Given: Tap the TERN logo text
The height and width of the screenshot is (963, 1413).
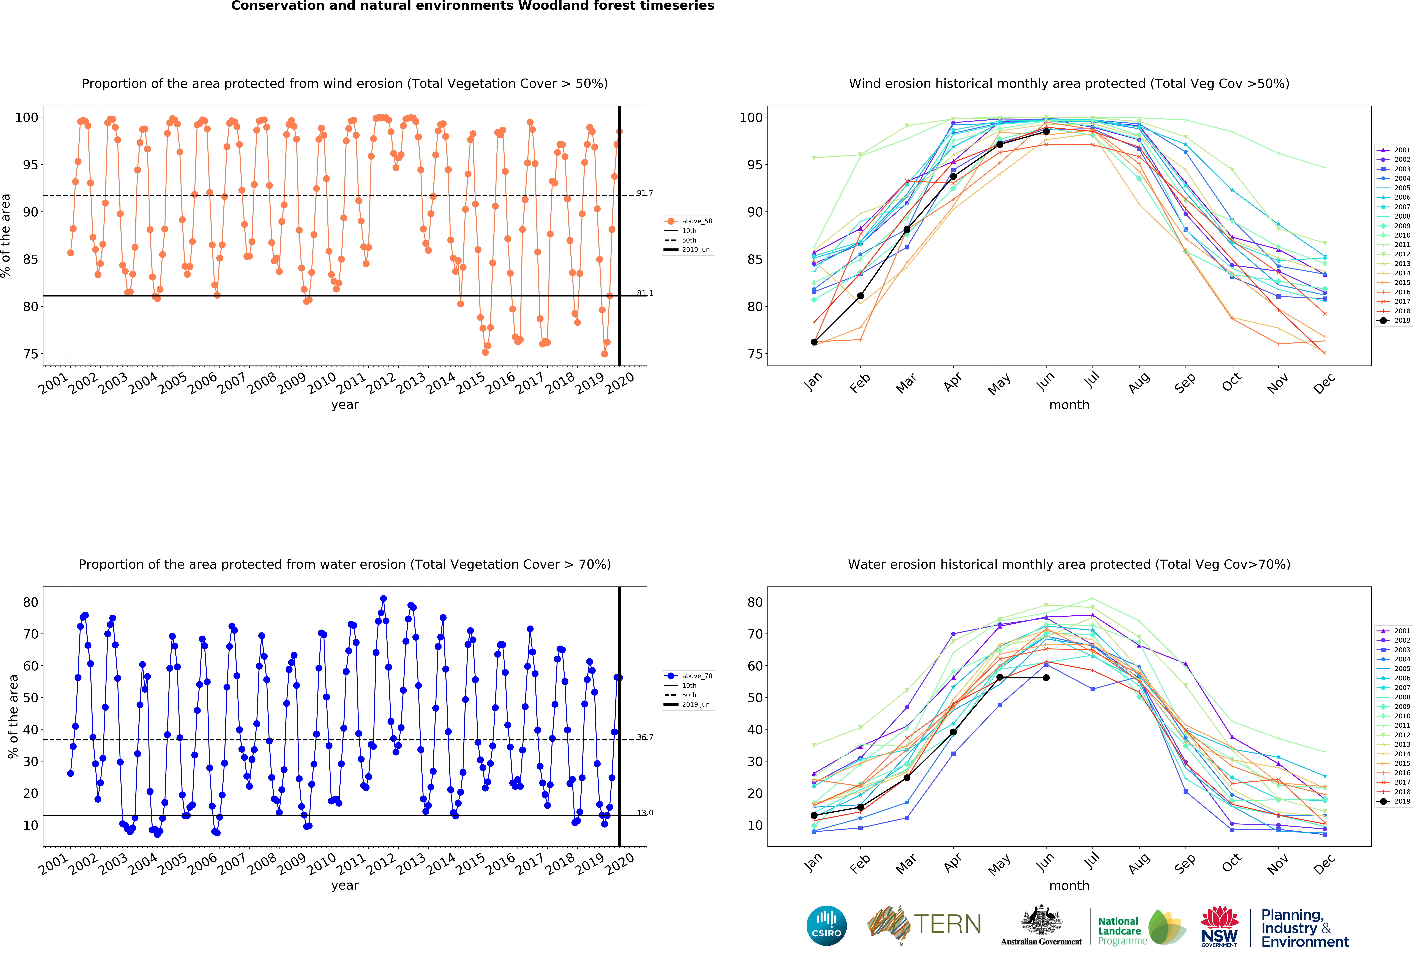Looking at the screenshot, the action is coord(947,924).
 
